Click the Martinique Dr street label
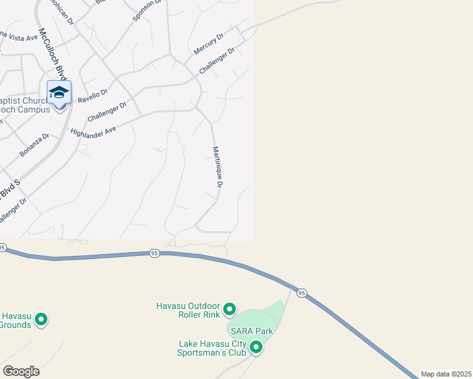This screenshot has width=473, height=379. click(218, 167)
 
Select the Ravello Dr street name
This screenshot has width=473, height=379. click(92, 96)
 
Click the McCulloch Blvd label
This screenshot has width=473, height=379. click(52, 54)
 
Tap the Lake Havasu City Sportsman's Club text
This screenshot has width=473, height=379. click(212, 349)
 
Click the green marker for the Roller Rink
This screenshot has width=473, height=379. click(230, 310)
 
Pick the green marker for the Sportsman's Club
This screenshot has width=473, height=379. click(256, 347)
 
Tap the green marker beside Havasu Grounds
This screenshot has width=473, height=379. click(42, 320)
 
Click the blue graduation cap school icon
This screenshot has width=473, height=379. click(59, 92)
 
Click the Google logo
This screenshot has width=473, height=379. click(21, 371)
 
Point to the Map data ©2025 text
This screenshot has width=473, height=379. click(446, 374)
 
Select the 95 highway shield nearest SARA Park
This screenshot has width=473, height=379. click(302, 293)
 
